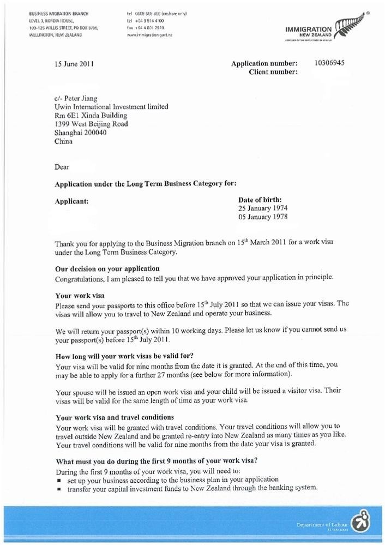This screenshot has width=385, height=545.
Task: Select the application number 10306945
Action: coord(329,63)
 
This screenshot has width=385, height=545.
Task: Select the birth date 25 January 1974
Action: coord(263,208)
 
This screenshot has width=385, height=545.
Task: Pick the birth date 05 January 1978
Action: coord(263,217)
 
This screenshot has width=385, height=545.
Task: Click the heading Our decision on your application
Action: coord(107,268)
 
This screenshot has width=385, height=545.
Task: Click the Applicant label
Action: coord(71,201)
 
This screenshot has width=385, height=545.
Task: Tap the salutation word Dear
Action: coord(62,166)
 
